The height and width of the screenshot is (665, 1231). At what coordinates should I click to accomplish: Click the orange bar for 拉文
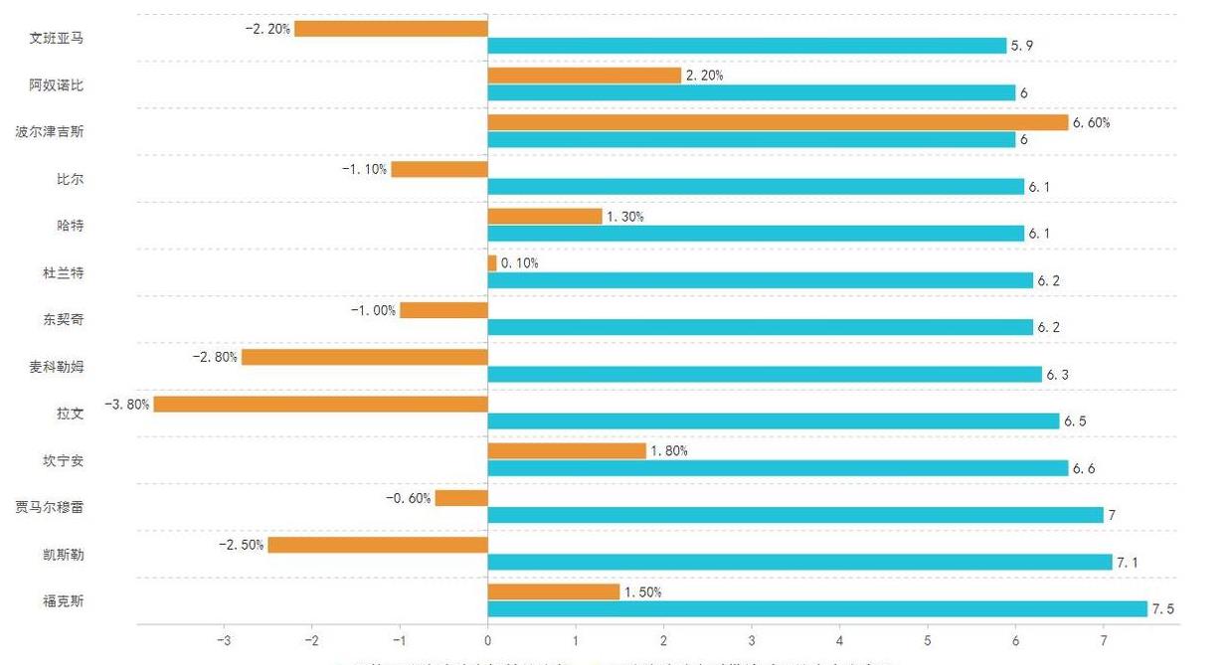coord(320,405)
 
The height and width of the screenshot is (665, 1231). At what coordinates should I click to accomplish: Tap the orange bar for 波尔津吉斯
coord(778,122)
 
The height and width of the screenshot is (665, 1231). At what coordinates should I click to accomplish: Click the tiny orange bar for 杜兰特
coord(492,263)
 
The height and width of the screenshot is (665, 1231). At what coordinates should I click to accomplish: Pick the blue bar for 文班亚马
coord(747,46)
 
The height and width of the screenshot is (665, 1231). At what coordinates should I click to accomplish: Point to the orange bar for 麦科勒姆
coord(364,357)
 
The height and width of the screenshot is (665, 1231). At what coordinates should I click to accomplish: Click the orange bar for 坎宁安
coord(567,451)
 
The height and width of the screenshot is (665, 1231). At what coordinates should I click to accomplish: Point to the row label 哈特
coord(71,226)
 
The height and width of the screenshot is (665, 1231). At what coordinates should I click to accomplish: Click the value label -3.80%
coord(127,405)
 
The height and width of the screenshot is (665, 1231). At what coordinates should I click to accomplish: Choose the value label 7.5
coord(1162,609)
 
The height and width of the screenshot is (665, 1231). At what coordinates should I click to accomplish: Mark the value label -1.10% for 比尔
coord(364,170)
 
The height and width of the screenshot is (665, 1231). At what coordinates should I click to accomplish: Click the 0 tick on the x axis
coord(487,640)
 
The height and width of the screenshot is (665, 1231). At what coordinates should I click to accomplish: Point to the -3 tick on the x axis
coord(224,640)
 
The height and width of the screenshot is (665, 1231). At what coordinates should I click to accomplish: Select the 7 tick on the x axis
coord(1103,640)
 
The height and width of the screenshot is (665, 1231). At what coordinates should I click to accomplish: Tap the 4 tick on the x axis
coord(839,640)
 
